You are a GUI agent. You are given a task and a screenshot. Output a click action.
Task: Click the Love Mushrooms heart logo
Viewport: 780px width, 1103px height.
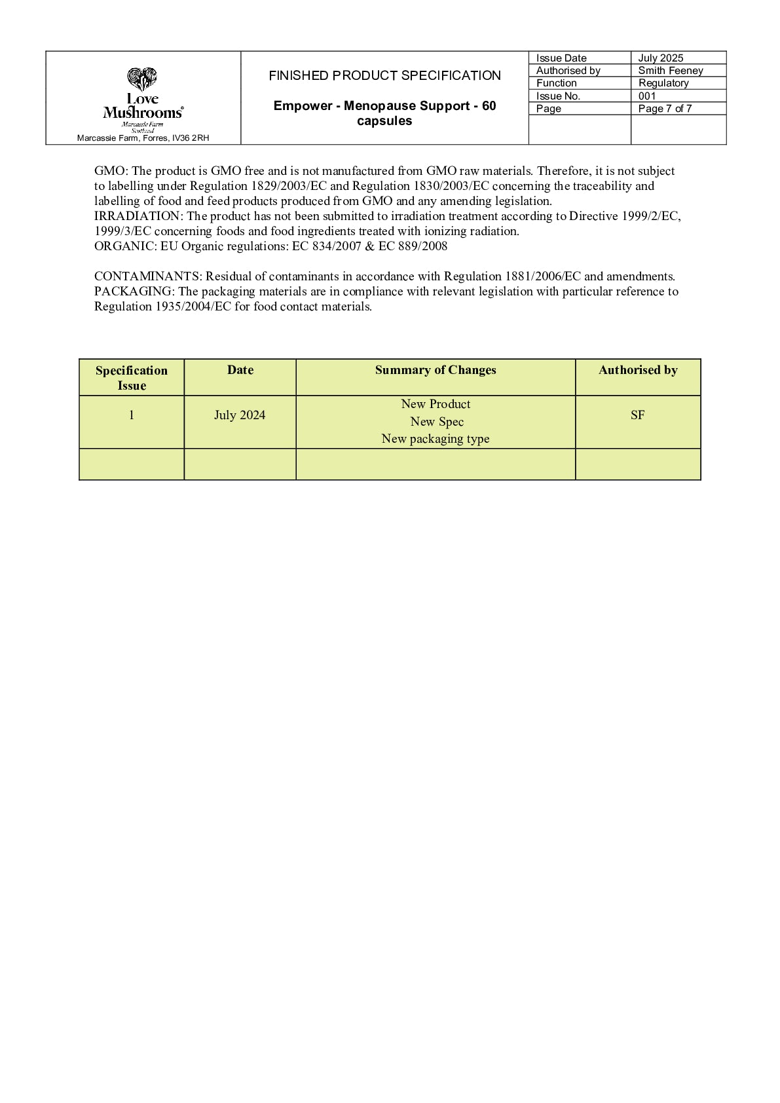(x=142, y=79)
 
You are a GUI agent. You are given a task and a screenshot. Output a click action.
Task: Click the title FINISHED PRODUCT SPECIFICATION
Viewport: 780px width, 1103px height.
(x=384, y=75)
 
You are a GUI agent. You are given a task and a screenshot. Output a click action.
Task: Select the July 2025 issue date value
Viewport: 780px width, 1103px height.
(x=660, y=58)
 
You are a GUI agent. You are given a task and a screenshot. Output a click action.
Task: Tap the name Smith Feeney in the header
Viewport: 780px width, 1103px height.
(x=670, y=70)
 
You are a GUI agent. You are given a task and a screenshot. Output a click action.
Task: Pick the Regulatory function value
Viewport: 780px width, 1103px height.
(x=663, y=83)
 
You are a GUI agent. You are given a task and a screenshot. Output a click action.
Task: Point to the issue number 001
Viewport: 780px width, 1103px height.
(x=646, y=96)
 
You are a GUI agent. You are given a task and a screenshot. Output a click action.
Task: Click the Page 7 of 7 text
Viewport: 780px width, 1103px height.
(x=664, y=109)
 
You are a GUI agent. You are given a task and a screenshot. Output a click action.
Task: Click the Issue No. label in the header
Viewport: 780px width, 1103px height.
(x=558, y=96)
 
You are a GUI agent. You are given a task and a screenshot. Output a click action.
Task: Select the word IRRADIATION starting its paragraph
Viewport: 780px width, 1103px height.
(x=136, y=216)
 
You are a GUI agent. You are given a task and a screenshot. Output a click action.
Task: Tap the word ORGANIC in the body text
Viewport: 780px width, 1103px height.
(x=124, y=246)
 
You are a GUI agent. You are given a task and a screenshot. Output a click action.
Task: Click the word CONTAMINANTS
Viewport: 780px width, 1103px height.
(x=146, y=276)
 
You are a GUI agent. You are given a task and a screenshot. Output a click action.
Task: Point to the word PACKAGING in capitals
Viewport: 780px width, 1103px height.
(x=133, y=291)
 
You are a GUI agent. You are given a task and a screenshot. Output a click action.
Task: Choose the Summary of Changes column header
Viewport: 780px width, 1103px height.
(x=436, y=370)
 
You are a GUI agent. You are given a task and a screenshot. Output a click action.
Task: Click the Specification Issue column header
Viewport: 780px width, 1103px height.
(x=132, y=378)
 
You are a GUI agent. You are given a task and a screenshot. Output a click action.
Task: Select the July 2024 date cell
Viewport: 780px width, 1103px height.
(x=240, y=415)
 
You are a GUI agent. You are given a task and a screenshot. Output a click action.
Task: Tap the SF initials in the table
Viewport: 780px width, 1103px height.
(x=637, y=415)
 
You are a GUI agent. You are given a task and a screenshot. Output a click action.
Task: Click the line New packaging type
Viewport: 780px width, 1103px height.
(x=436, y=439)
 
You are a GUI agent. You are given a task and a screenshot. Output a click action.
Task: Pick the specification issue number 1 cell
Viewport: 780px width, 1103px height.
(x=132, y=415)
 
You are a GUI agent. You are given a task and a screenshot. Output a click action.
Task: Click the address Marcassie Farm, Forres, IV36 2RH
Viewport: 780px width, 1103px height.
(x=143, y=138)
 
